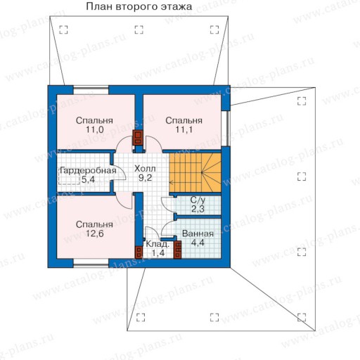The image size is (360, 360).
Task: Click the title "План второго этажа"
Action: [139, 6]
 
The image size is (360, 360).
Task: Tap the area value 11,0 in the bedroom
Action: [95, 129]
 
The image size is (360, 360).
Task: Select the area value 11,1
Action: [184, 129]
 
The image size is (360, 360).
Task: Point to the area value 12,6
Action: [95, 233]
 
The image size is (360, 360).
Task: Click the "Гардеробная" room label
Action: [88, 171]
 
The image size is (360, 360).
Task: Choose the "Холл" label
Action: [145, 169]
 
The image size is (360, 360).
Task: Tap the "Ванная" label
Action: [198, 234]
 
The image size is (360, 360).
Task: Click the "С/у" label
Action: [198, 200]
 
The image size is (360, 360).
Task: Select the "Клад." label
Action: [157, 245]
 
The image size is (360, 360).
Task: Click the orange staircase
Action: [195, 173]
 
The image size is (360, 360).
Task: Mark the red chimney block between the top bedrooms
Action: [138, 137]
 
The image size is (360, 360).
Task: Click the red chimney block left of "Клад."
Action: [139, 252]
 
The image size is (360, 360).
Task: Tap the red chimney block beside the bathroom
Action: [178, 250]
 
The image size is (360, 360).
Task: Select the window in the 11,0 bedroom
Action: [91, 90]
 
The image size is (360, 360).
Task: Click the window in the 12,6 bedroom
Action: [91, 263]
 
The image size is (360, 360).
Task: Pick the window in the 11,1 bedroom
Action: [226, 129]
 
